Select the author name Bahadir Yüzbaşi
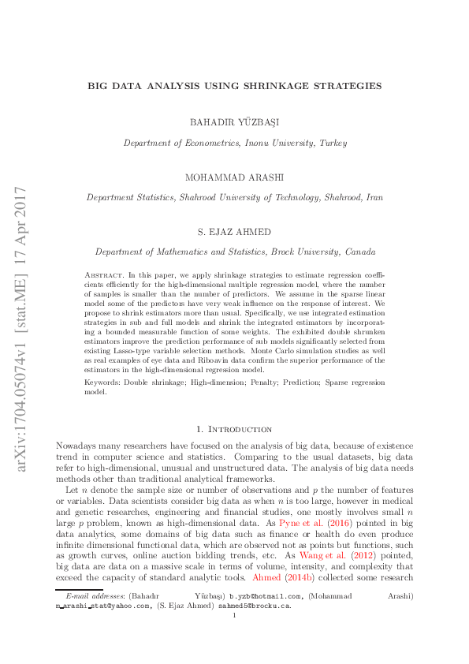pos(234,121)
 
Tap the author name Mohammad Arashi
pos(234,177)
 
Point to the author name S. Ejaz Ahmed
pos(234,232)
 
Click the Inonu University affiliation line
pos(234,143)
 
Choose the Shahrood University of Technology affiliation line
pos(234,198)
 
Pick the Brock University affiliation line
pos(234,252)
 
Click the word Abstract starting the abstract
pos(100,274)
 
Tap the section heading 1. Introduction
pos(234,429)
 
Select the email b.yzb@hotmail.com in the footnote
pos(262,596)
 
